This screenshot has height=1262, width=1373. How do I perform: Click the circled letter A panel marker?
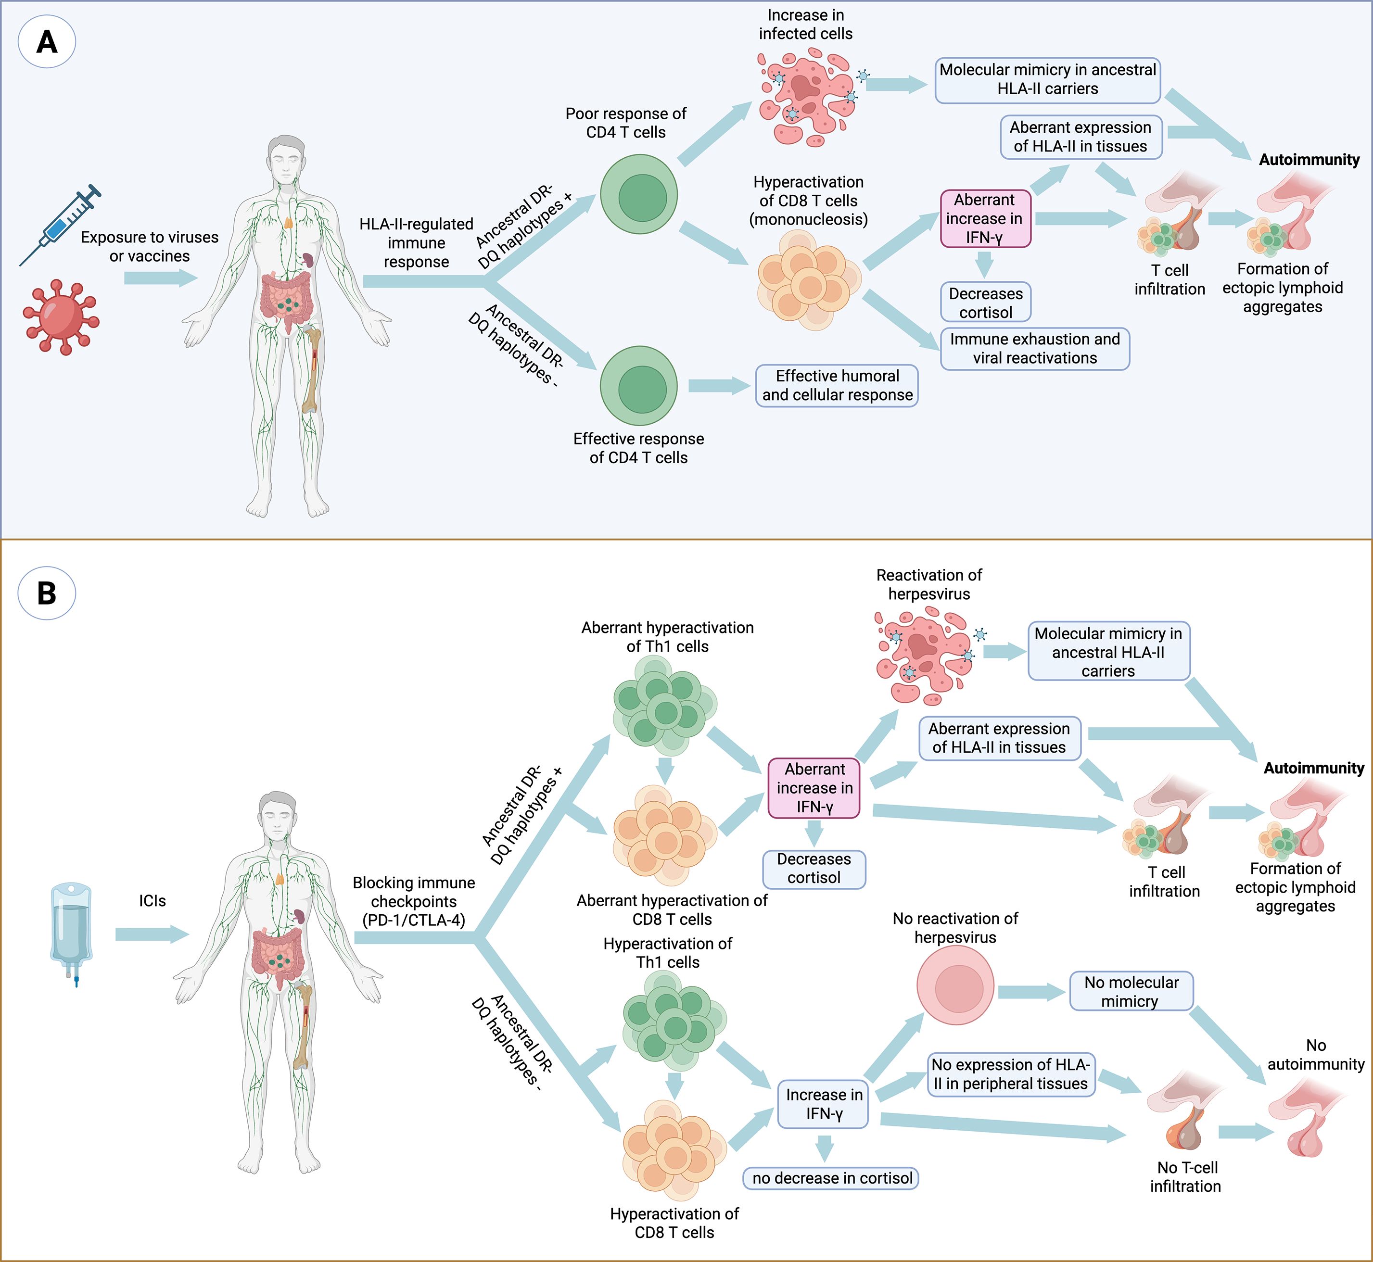[x=47, y=42]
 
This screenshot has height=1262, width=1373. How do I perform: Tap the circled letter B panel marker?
[x=47, y=593]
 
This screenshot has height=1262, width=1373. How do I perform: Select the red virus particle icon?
[x=61, y=317]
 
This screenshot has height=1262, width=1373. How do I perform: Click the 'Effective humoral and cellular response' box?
[x=837, y=386]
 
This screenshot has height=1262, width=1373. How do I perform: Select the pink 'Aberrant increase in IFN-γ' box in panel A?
[x=985, y=218]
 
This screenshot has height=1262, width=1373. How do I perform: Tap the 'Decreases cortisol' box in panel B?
[x=814, y=869]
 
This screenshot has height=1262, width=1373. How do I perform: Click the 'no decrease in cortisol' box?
[x=831, y=1178]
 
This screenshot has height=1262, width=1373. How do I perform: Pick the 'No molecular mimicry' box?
[x=1131, y=992]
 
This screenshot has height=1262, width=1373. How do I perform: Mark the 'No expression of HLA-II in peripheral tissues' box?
[x=1011, y=1074]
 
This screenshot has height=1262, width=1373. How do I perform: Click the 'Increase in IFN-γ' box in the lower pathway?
[x=823, y=1104]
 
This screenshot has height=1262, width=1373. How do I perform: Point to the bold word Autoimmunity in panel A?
[x=1309, y=160]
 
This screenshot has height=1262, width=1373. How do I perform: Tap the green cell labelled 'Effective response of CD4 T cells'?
[x=639, y=386]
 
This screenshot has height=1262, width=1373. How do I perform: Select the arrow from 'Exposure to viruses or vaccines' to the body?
[x=161, y=278]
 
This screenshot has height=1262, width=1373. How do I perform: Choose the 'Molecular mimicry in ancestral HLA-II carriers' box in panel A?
[x=1047, y=80]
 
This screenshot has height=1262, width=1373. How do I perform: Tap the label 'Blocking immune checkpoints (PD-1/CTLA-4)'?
[x=414, y=901]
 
